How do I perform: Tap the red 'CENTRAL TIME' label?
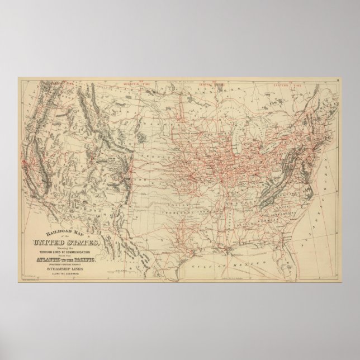pos(207,85)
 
